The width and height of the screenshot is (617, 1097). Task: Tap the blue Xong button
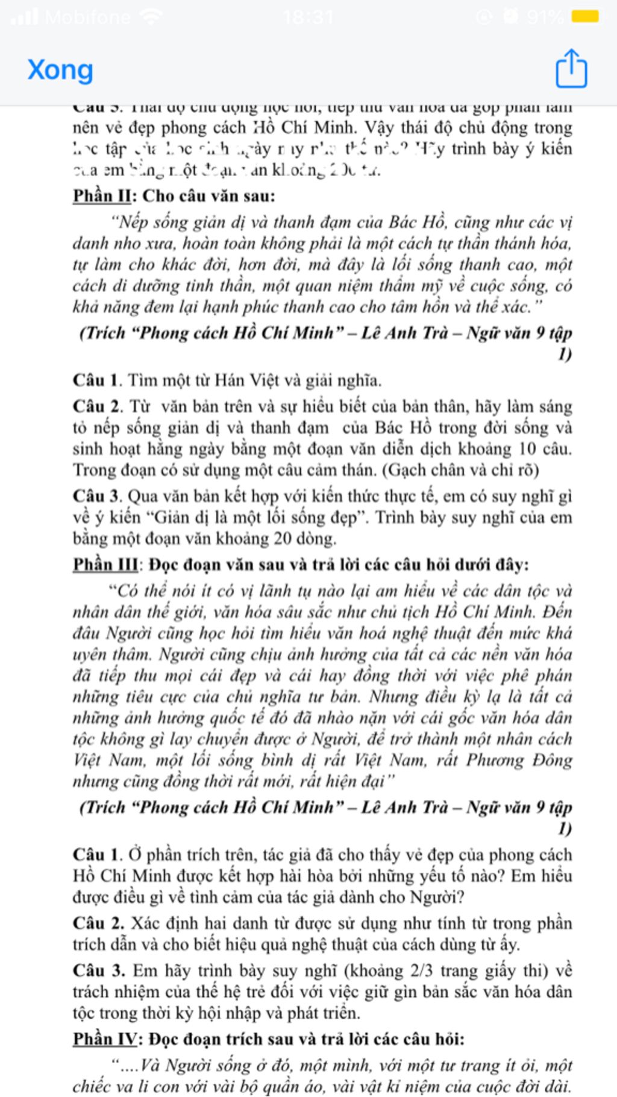coord(60,70)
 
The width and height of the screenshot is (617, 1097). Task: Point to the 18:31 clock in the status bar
coord(308,16)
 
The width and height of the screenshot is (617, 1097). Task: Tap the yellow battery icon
coord(585,16)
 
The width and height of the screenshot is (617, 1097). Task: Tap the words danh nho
coord(107,244)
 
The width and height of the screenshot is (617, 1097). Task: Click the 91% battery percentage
coord(545,17)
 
